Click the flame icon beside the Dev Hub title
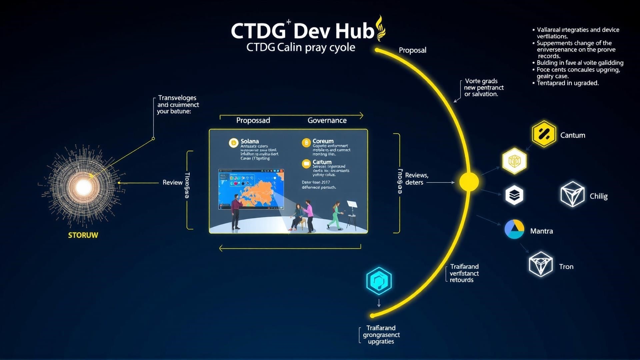click(x=380, y=29)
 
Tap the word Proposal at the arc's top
click(x=412, y=50)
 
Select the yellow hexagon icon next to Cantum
click(x=544, y=134)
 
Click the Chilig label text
click(x=598, y=196)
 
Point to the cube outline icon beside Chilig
click(x=572, y=194)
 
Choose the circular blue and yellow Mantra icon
click(x=514, y=229)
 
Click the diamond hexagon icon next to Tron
click(x=540, y=264)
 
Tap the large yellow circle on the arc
click(x=469, y=182)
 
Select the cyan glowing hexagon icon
click(x=379, y=281)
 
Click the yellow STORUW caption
click(x=83, y=235)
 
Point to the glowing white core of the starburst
click(x=83, y=187)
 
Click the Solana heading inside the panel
click(x=250, y=141)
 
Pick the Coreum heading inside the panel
click(x=323, y=141)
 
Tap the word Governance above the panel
click(x=327, y=121)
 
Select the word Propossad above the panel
click(x=253, y=121)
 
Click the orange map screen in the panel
click(x=251, y=189)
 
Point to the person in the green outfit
click(x=336, y=216)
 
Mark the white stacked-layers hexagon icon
click(x=514, y=195)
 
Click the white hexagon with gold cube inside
click(x=514, y=161)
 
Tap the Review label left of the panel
click(x=172, y=183)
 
